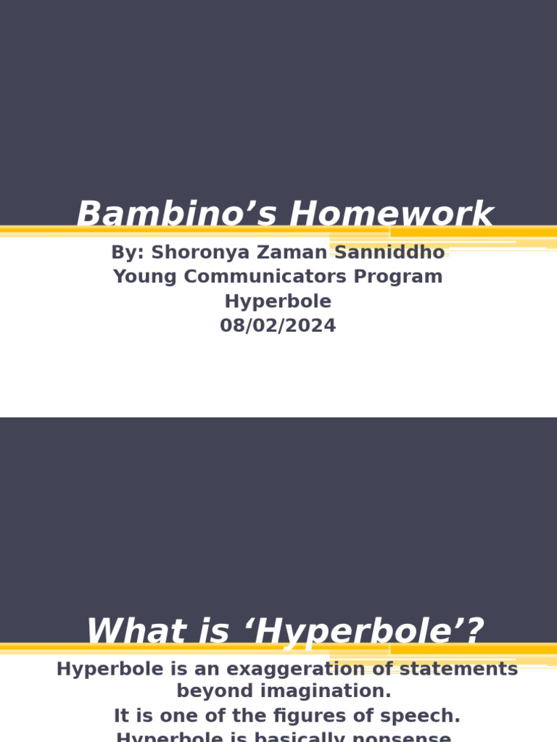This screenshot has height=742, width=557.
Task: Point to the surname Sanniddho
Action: (x=389, y=252)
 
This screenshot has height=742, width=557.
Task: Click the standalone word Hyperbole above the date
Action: (x=278, y=301)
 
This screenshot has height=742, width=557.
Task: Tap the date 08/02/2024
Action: (x=278, y=326)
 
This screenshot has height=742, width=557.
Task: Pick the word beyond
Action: (x=210, y=691)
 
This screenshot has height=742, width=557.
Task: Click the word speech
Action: (x=428, y=716)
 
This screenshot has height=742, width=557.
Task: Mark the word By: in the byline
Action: (x=128, y=252)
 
